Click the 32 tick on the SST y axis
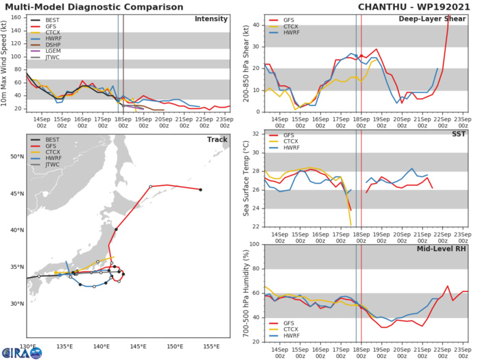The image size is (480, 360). [254, 133]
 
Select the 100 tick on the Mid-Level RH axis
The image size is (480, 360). [252, 244]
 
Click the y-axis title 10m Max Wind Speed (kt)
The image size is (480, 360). [6, 62]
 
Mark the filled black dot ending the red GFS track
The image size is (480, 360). [200, 190]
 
